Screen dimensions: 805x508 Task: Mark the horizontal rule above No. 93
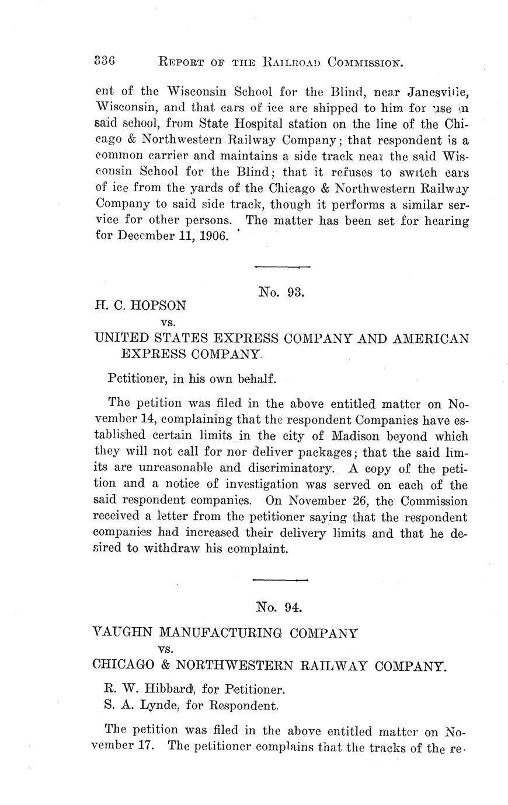tap(282, 267)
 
